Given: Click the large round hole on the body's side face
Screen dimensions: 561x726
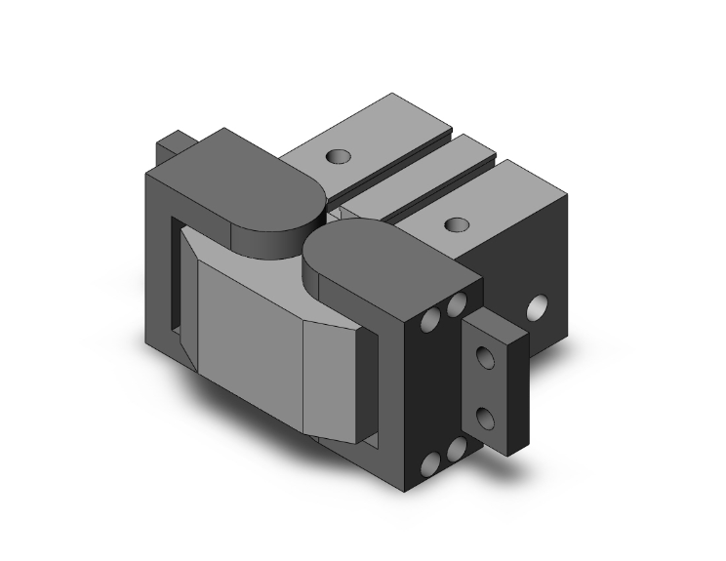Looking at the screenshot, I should coord(536,310).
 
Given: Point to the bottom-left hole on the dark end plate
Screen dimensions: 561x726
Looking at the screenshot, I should coord(430,462).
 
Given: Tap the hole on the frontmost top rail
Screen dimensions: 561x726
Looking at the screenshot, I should coord(453,224).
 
